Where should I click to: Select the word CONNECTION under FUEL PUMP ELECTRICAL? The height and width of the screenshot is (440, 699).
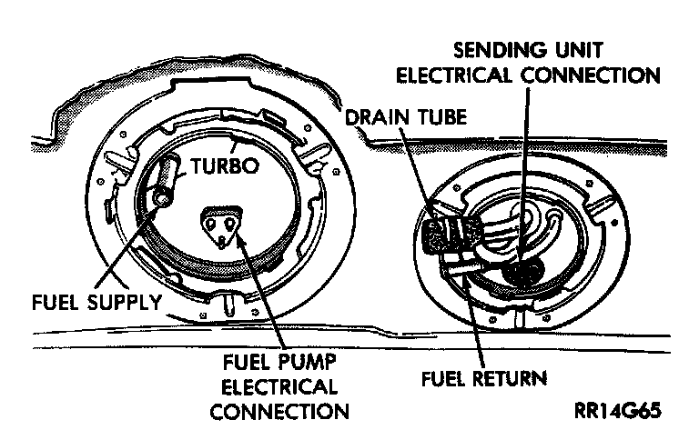(279, 411)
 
